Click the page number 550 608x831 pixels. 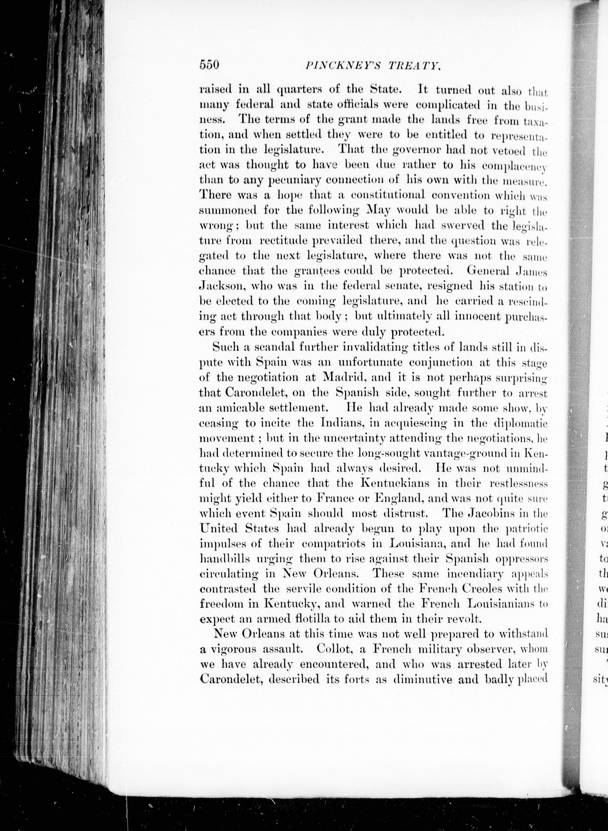tap(209, 65)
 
